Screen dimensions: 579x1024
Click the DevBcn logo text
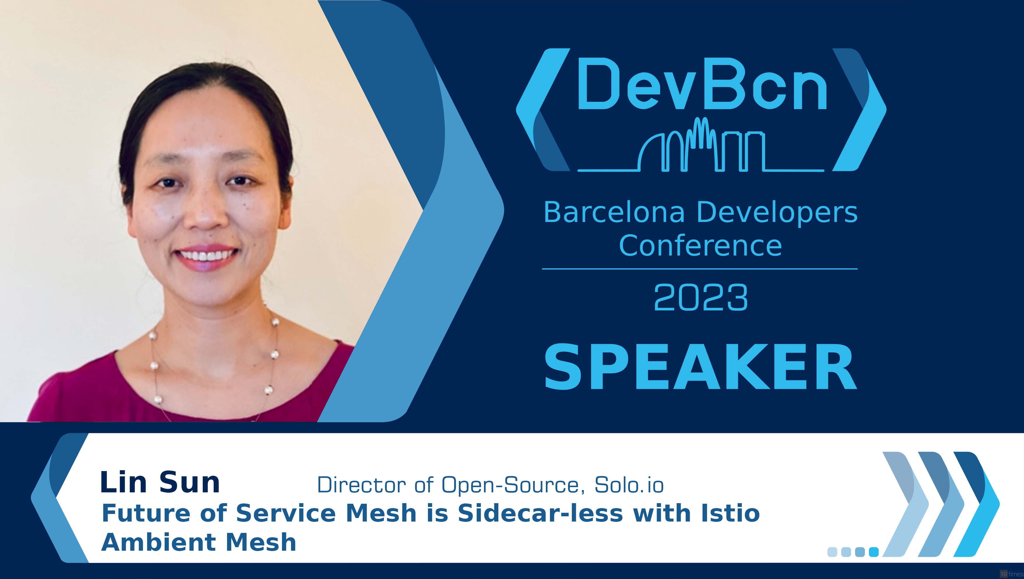coord(702,84)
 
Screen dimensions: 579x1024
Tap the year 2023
coord(701,298)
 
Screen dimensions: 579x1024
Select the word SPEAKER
coord(700,368)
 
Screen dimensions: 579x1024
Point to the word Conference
coord(700,246)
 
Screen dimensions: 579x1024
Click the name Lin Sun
coord(160,482)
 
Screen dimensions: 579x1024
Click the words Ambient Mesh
coord(198,543)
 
